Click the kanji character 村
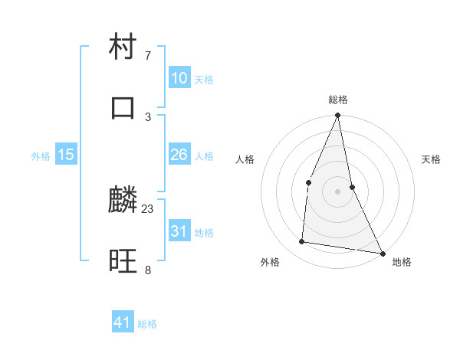[123, 47]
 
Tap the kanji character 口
[123, 107]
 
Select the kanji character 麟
[123, 201]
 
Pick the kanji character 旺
[123, 261]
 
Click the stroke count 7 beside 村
[148, 55]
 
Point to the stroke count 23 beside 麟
[148, 208]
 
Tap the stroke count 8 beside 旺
[148, 270]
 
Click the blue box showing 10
[179, 78]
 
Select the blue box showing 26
[179, 155]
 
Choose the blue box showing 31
[179, 231]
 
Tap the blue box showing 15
[66, 155]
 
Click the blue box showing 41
[123, 322]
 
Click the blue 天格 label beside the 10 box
[204, 80]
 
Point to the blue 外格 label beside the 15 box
[41, 156]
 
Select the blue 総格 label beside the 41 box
[147, 324]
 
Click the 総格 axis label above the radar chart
[338, 100]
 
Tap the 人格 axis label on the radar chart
[245, 159]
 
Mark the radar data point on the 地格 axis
[382, 253]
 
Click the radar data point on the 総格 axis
[338, 116]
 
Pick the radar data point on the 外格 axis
[302, 242]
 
